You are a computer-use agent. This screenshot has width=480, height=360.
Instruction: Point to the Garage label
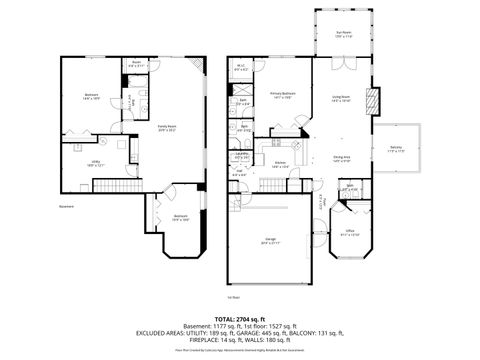[x=271, y=240]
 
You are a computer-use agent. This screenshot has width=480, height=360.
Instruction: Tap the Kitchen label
[x=282, y=163]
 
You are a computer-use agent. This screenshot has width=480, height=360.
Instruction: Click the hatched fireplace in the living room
[x=374, y=101]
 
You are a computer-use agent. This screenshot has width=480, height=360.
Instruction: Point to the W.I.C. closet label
[x=241, y=69]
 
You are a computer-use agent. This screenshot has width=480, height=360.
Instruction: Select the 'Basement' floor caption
[x=68, y=207]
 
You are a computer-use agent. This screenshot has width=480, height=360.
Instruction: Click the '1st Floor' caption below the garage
[x=234, y=297]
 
